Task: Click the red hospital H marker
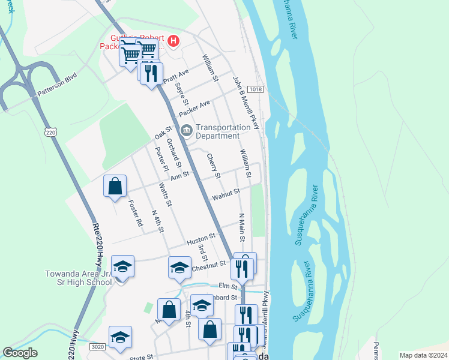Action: pyautogui.click(x=173, y=41)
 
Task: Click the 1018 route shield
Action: pyautogui.click(x=256, y=89)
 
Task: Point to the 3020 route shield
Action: pyautogui.click(x=96, y=346)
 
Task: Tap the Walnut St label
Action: pyautogui.click(x=225, y=194)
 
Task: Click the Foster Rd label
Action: pyautogui.click(x=136, y=214)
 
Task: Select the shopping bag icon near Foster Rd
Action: pyautogui.click(x=115, y=187)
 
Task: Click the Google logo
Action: pyautogui.click(x=20, y=353)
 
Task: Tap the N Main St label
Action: pyautogui.click(x=242, y=227)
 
